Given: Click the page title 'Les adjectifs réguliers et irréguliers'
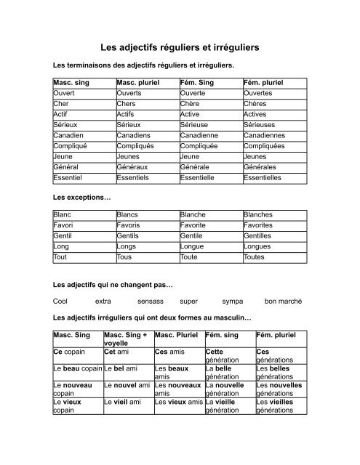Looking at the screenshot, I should pyautogui.click(x=180, y=46).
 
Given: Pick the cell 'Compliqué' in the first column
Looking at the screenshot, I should pyautogui.click(x=70, y=145).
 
